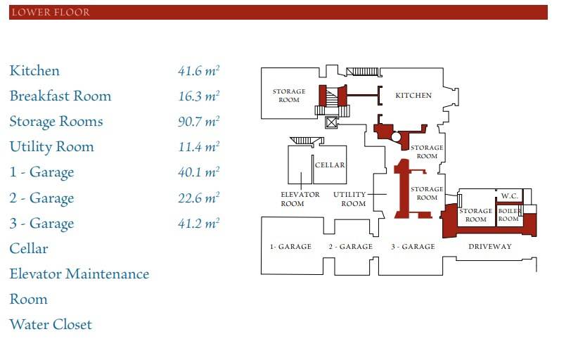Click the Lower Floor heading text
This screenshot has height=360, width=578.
(51, 13)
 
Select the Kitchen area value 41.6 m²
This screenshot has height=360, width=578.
(198, 70)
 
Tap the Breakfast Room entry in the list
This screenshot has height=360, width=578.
(60, 96)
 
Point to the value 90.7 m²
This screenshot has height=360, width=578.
(198, 122)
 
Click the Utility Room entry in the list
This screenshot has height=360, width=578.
(51, 147)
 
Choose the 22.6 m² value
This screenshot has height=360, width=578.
(198, 198)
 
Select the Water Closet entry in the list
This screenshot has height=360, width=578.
(51, 325)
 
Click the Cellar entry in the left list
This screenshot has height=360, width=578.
(29, 249)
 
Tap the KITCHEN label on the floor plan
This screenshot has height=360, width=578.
(413, 96)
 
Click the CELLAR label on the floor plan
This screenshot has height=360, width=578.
(330, 165)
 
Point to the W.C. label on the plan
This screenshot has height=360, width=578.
(509, 196)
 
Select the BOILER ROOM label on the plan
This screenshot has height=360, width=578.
(508, 215)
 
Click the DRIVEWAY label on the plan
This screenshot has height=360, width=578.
(490, 247)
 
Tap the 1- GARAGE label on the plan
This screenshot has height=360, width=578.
(290, 247)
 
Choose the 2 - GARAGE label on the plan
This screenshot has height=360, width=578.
(350, 247)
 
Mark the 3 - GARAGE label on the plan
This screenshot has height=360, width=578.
(413, 247)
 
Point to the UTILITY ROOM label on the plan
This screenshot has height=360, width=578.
(350, 199)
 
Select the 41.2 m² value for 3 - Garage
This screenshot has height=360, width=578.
(198, 224)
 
